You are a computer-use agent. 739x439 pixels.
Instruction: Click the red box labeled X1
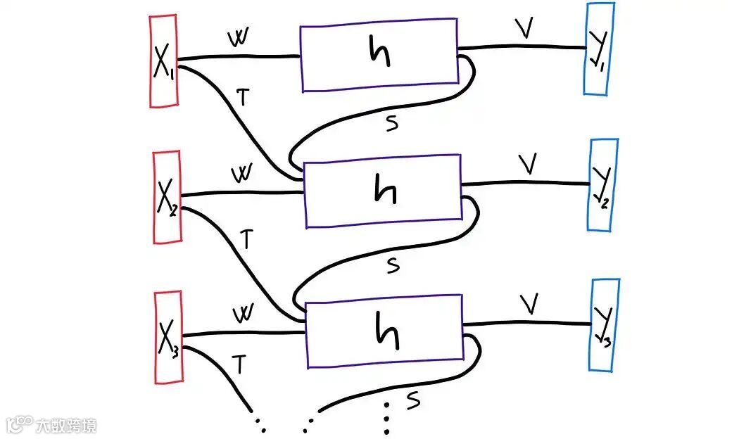(x=164, y=62)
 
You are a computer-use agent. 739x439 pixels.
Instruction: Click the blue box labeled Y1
(x=600, y=49)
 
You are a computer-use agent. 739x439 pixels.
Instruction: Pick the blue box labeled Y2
(x=603, y=184)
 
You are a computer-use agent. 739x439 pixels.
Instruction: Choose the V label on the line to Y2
(x=527, y=165)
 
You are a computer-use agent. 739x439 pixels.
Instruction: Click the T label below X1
(x=243, y=98)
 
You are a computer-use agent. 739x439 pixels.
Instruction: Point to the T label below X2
(x=246, y=238)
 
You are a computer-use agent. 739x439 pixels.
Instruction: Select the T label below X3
(x=239, y=364)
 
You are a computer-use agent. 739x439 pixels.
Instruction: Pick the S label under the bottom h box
(x=413, y=400)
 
